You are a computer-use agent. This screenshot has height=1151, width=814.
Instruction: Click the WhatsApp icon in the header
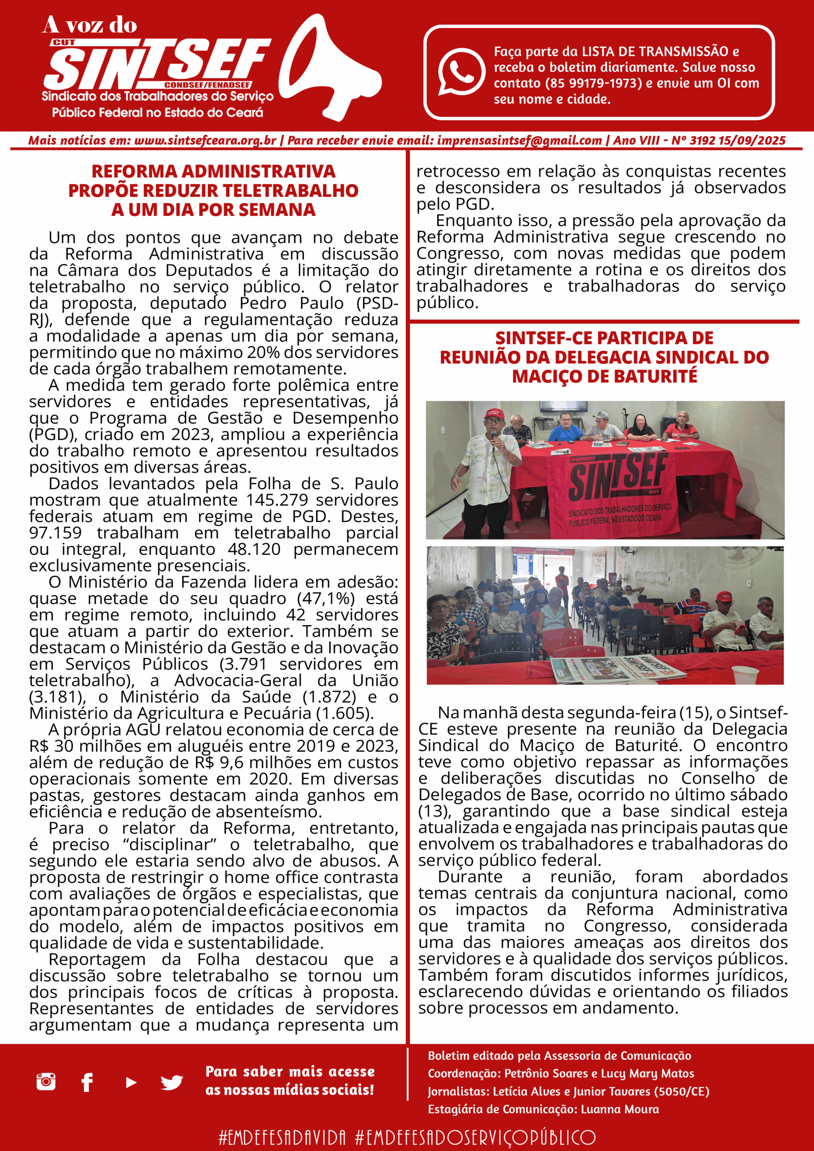461,71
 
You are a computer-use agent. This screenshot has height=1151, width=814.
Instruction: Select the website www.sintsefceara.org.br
205,141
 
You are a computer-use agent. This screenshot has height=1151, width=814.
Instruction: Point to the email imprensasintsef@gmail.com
519,141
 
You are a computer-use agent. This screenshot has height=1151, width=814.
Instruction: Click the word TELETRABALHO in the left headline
291,191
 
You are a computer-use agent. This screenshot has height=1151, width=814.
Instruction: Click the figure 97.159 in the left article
55,532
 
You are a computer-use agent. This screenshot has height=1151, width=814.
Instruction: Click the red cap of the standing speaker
493,414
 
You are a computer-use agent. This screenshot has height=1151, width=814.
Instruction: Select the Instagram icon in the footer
46,1081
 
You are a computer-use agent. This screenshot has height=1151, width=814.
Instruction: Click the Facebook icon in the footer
87,1082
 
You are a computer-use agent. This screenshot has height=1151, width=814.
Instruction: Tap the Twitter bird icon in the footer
171,1082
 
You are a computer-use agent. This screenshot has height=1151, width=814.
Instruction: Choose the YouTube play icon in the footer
131,1082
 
